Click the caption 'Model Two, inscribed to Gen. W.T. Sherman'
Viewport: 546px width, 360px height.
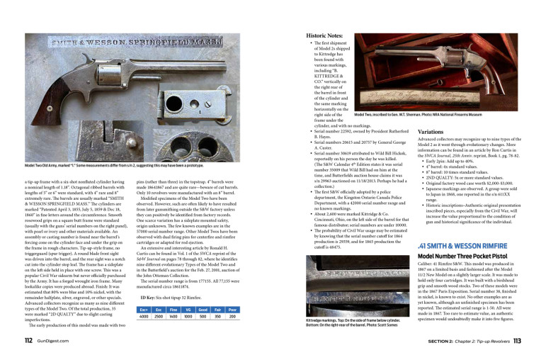pyautogui.click(x=418, y=114)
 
